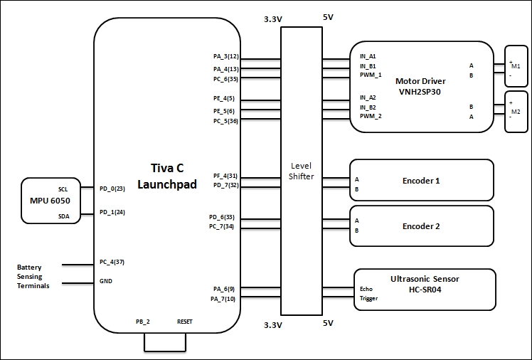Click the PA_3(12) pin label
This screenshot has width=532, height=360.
click(226, 56)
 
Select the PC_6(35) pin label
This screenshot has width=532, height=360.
click(225, 79)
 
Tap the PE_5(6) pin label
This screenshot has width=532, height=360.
click(223, 111)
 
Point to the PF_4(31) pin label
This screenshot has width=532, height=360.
click(225, 176)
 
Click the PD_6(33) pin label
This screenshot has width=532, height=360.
click(222, 217)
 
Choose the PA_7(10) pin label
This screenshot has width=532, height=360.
click(223, 299)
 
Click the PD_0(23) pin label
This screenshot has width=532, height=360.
click(112, 189)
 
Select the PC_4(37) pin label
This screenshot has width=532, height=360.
click(112, 262)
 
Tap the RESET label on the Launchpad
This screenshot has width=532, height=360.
click(185, 322)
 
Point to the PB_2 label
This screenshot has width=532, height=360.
click(143, 322)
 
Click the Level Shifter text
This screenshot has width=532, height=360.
click(302, 171)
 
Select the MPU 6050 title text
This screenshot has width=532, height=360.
click(50, 201)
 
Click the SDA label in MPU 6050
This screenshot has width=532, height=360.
click(64, 216)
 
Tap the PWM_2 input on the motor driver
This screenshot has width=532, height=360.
click(371, 116)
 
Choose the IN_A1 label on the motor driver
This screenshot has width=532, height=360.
click(368, 56)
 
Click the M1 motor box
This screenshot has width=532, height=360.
click(516, 66)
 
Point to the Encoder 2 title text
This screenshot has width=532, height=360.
click(421, 226)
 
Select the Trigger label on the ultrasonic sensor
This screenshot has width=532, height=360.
click(369, 298)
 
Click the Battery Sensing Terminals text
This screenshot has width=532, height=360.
click(33, 277)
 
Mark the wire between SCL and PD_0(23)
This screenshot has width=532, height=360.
click(87, 187)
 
